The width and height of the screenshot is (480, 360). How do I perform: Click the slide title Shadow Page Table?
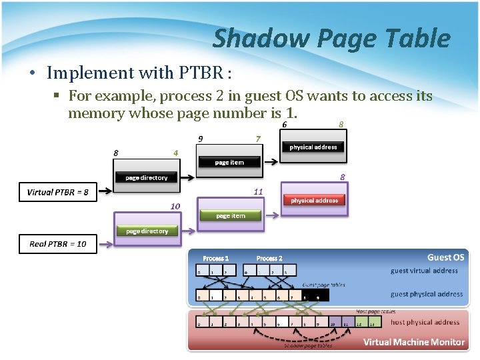(x=331, y=39)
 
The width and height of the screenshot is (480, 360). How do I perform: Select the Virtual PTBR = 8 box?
(x=57, y=192)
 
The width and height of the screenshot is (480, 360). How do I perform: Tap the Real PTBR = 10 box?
(x=57, y=244)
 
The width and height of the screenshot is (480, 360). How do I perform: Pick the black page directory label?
(x=147, y=177)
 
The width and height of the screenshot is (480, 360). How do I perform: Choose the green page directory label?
(x=147, y=231)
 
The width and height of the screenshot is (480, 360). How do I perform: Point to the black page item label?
(x=229, y=162)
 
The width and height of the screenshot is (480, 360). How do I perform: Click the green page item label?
(x=230, y=215)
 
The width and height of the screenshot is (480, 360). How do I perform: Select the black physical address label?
(x=313, y=147)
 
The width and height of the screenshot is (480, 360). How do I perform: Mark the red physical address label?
(x=314, y=200)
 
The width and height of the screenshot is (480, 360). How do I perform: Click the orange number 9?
(x=200, y=139)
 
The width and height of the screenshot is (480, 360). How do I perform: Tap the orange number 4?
(x=175, y=153)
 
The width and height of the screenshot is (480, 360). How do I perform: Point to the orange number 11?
(x=258, y=192)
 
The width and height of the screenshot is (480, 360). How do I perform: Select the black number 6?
(x=285, y=124)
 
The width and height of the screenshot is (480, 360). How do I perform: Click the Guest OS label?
(x=445, y=257)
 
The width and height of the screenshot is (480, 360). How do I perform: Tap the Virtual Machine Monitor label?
(x=413, y=342)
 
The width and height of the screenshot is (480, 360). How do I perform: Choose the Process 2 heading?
(x=269, y=258)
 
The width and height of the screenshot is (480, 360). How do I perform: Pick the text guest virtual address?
(x=424, y=271)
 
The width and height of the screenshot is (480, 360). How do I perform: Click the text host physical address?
(x=425, y=322)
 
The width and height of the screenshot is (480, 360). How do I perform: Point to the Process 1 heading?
(x=215, y=258)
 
